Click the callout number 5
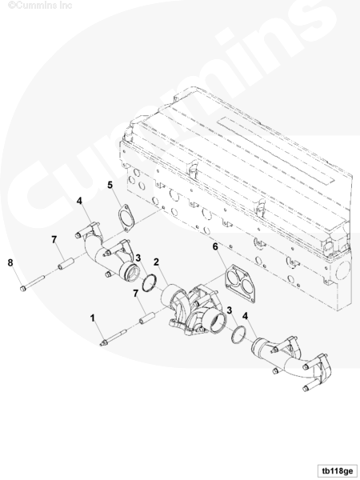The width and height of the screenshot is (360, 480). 110,185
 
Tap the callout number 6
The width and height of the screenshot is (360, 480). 215,246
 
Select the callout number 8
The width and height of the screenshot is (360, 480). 10,262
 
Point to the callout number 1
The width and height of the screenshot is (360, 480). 93,318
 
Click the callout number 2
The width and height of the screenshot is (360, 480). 157,262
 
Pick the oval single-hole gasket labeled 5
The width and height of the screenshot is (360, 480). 126,218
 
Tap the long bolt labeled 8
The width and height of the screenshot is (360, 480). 32,283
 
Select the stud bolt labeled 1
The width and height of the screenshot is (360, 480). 114,337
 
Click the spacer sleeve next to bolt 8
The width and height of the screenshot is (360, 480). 66,264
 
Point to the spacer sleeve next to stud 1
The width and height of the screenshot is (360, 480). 147,318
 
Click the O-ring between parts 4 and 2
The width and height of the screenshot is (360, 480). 150,283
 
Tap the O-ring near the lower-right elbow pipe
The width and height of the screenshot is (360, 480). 238,334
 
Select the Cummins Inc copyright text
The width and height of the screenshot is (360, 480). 40,6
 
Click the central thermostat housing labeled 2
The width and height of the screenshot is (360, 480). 194,310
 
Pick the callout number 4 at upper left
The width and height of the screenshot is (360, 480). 79,201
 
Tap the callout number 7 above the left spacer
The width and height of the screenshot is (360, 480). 54,239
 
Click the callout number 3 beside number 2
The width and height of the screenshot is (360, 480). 138,258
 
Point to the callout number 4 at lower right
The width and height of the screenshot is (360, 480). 245,316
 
